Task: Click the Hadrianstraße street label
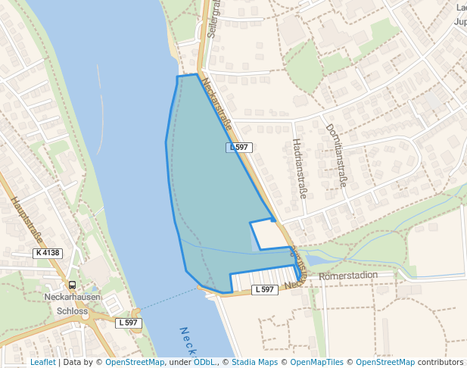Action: [x=298, y=169]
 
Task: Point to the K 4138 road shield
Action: [x=48, y=253]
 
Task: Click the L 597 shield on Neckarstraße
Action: [x=238, y=147]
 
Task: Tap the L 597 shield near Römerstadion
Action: [x=264, y=289]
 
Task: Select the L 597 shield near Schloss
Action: [x=129, y=323]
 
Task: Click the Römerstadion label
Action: [x=348, y=275]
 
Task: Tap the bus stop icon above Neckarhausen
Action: [x=72, y=285]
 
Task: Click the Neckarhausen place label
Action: [x=72, y=298]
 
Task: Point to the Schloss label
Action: [x=73, y=310]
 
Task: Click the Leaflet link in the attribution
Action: [x=43, y=362]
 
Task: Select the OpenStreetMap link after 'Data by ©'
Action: [x=135, y=362]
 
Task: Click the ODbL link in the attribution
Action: [x=204, y=362]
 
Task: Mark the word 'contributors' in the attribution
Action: [x=441, y=362]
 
